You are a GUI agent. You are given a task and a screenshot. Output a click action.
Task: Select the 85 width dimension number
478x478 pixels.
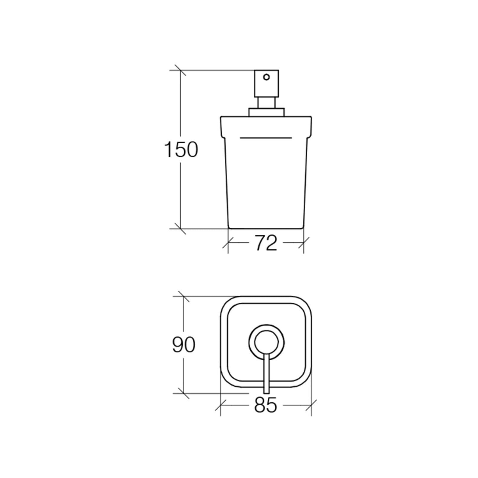pos(266,405)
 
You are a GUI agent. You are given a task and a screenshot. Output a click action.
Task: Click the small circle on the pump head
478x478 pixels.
pos(266,77)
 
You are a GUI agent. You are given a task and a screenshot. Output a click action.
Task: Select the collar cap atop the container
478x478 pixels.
pos(266,112)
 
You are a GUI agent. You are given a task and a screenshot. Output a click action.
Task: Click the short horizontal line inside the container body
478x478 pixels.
pos(266,138)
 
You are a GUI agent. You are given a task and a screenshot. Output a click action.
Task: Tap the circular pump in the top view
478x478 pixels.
pos(266,341)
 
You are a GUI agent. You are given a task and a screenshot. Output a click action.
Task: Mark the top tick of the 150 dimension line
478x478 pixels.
pos(180,70)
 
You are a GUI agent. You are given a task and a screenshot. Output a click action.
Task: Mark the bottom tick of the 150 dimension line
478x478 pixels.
pos(180,229)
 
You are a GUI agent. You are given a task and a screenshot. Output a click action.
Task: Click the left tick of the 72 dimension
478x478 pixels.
pos(228,243)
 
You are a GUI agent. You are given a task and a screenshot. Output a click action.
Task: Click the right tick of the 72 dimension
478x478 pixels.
pos(304,243)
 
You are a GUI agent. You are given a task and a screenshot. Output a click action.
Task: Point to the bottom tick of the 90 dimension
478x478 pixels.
pos(183,393)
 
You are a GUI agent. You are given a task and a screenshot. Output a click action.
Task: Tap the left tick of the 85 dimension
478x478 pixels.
pos(220,405)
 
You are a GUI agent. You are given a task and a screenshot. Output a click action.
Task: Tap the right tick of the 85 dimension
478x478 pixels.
pos(311,405)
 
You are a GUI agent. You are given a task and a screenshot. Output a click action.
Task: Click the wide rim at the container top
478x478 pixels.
pos(266,125)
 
